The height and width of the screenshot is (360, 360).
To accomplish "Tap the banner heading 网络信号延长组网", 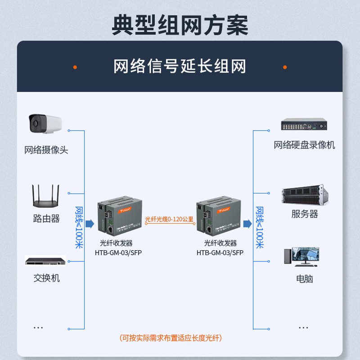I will click(x=180, y=67).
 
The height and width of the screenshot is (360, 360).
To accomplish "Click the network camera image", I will click(x=45, y=124).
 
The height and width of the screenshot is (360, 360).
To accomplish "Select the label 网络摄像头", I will click(x=46, y=150).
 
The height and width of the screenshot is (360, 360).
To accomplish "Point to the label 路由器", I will click(x=46, y=219).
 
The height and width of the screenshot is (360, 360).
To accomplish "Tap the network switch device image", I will click(x=45, y=261).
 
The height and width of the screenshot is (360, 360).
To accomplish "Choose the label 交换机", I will click(x=46, y=278).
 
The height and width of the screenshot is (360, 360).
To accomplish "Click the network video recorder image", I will click(x=304, y=125).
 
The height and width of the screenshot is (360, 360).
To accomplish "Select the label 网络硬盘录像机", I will click(x=304, y=145).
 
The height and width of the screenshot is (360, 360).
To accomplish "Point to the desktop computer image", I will click(x=301, y=256).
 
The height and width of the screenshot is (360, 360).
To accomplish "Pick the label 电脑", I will click(x=304, y=279).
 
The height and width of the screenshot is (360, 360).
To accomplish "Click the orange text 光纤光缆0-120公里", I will click(x=169, y=220).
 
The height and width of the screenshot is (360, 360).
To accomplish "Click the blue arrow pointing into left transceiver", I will click(x=90, y=224).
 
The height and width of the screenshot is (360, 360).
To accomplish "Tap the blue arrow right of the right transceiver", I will click(x=247, y=224).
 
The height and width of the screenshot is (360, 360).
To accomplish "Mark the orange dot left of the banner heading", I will click(x=75, y=67).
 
